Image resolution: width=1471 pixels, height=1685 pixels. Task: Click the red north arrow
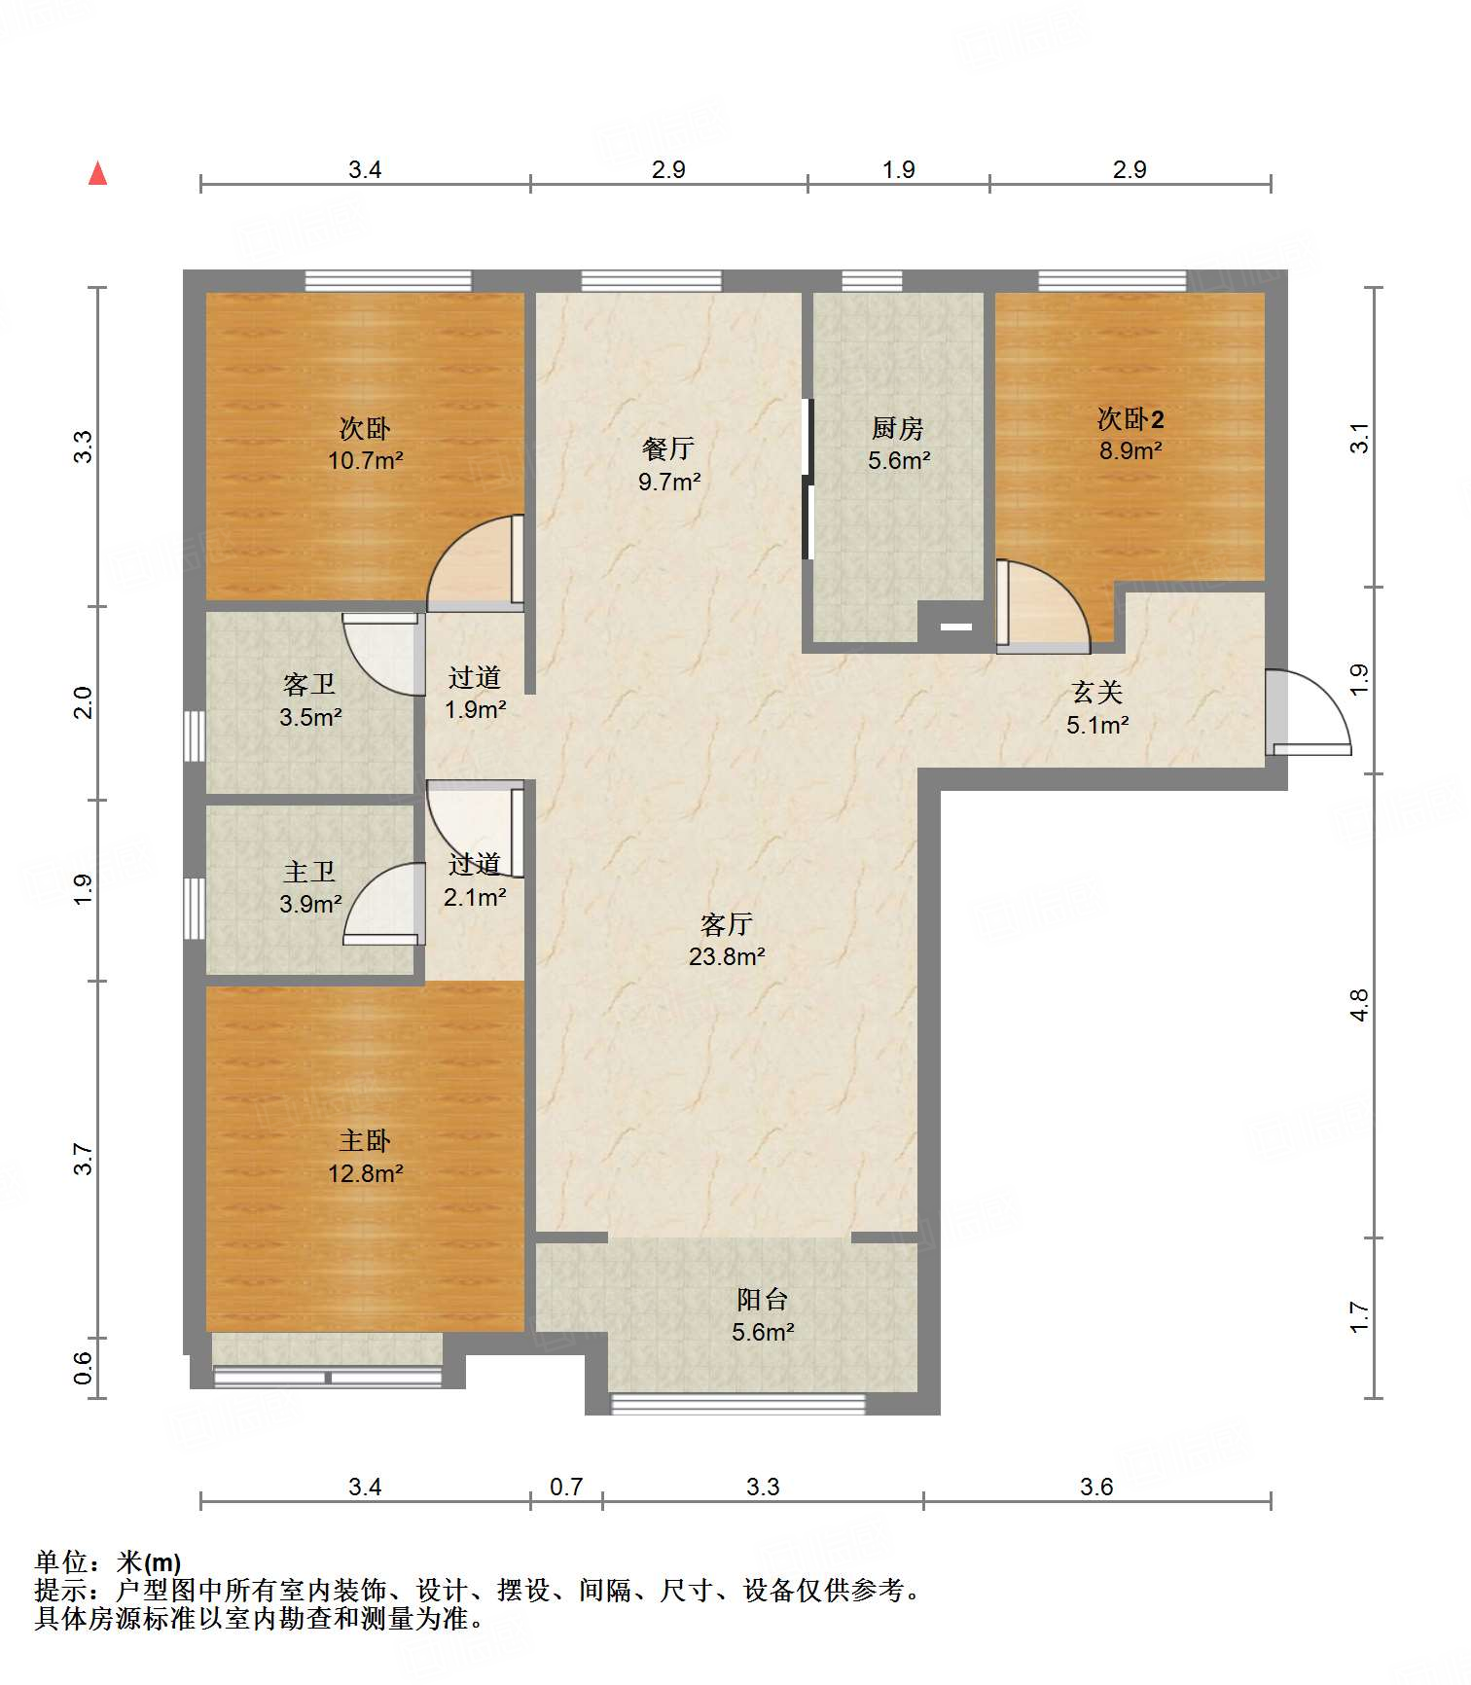point(97,173)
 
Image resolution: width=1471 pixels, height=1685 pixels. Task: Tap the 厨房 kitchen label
point(897,428)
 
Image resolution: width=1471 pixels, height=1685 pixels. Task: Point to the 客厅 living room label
point(727,923)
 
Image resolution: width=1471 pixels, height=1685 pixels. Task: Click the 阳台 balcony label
point(762,1299)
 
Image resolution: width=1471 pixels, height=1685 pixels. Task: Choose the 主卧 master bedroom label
point(365,1140)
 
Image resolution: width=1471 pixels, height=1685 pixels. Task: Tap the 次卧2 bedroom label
point(1130,419)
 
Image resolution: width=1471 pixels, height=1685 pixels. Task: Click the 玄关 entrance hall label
point(1097,693)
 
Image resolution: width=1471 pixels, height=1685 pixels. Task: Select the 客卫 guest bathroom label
point(309,685)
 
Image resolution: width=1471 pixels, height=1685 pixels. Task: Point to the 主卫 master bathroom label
point(309,872)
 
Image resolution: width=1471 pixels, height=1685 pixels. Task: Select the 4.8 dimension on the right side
point(1359,1004)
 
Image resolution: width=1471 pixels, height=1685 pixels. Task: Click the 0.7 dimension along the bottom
point(566,1487)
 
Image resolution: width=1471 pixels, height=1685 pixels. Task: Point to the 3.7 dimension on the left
point(84,1159)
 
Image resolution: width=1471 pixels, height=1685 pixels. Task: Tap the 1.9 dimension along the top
point(898,169)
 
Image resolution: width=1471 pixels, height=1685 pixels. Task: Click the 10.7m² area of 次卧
point(366,460)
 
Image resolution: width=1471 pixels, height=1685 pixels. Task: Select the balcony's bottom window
point(737,1403)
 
